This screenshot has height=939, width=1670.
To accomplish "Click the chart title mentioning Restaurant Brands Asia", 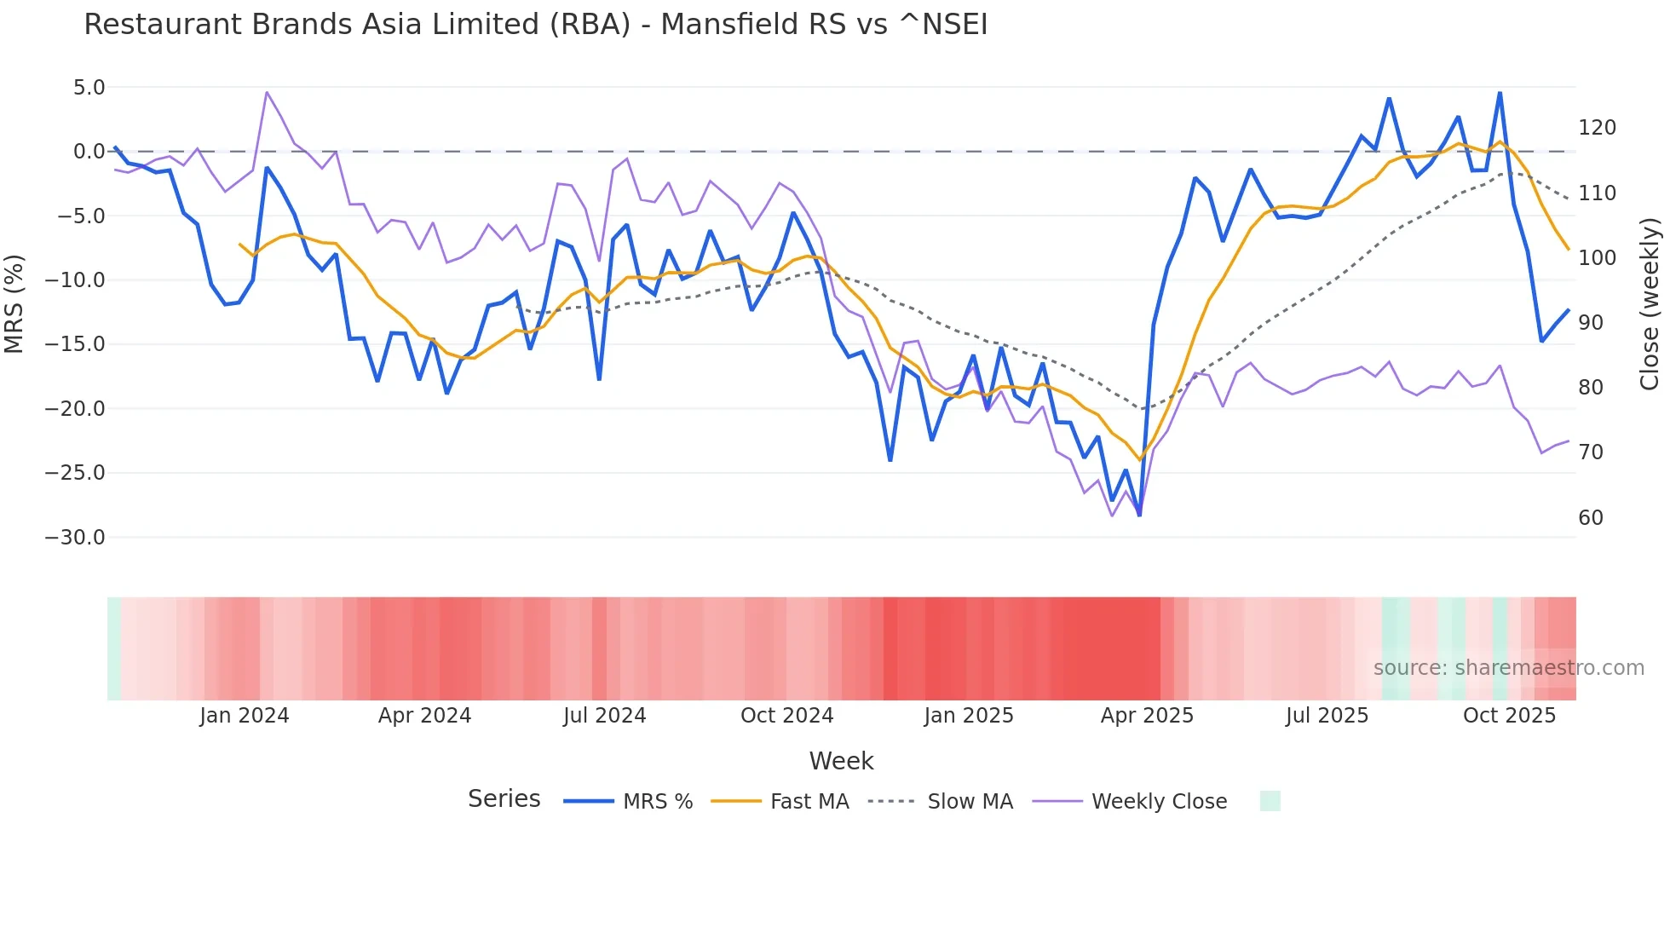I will point(535,25).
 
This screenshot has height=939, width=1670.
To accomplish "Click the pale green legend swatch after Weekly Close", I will point(1270,801).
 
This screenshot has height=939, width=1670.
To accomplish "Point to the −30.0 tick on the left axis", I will point(75,538).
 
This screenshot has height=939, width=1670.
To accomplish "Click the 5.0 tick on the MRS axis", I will point(89,88).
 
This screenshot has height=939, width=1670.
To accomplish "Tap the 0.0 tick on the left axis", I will point(89,152).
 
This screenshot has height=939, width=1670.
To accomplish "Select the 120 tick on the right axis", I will point(1597,128).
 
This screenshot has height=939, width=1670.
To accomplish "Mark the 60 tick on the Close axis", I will point(1591,518).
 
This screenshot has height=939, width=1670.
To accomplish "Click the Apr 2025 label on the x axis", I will point(1147,716).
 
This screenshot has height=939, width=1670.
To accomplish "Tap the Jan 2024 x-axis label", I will point(245,716).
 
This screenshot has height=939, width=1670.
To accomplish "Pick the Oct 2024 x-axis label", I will point(786,716).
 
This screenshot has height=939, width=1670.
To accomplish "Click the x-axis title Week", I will point(841,761).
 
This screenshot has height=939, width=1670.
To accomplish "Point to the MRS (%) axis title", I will point(14,303).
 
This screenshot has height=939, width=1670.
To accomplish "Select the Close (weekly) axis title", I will point(1650,303).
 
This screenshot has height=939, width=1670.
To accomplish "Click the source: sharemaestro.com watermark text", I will point(1508,668).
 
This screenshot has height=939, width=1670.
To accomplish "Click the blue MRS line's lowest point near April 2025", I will point(1139,515).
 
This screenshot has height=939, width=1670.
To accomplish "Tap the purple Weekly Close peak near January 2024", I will point(267,92).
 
